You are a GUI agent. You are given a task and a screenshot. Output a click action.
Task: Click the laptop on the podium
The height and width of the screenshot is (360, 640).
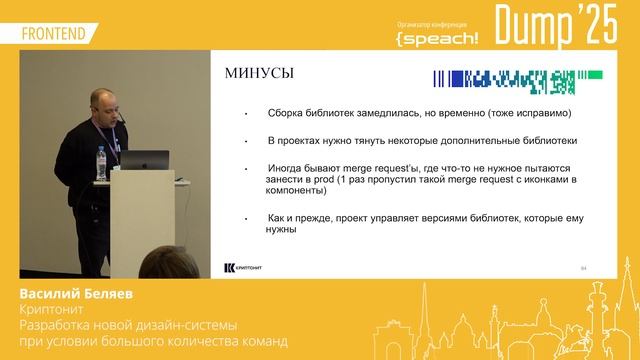pyautogui.click(x=148, y=159)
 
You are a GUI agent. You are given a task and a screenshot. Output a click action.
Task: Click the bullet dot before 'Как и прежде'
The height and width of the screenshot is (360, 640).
pyautogui.click(x=246, y=217)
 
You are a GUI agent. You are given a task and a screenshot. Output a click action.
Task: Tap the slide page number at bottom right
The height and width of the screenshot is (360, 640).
pyautogui.click(x=584, y=268)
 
